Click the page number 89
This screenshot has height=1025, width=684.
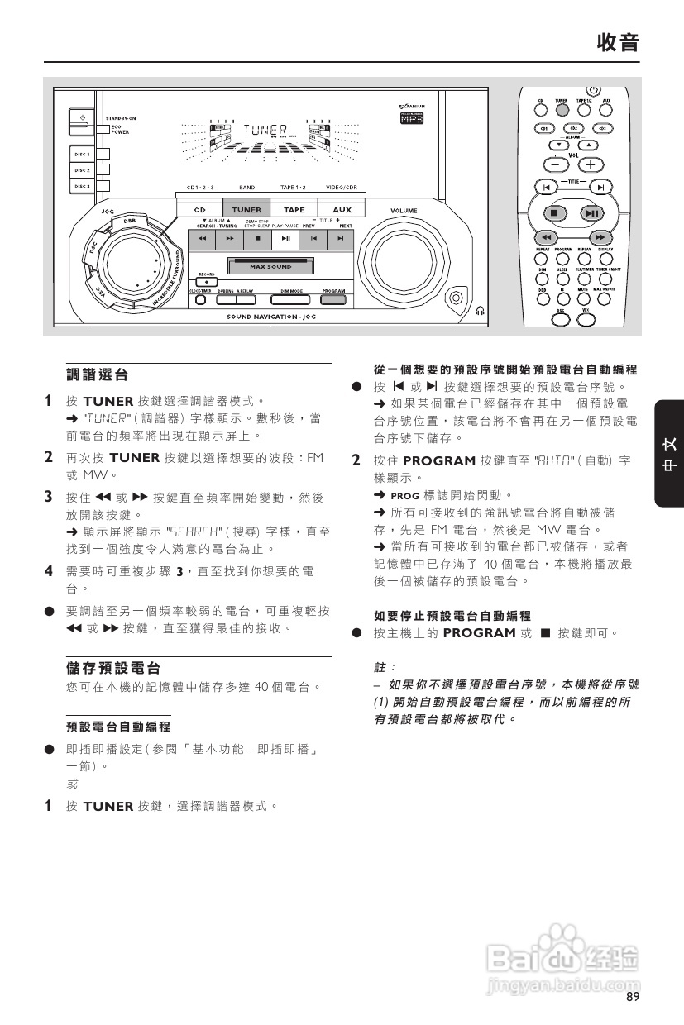pos(634,998)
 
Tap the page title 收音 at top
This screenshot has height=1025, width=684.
pos(619,42)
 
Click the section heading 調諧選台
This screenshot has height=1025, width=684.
pos(97,375)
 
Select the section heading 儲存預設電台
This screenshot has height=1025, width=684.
pos(112,667)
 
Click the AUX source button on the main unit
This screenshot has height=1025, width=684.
pos(336,210)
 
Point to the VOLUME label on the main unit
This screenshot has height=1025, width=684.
pos(404,211)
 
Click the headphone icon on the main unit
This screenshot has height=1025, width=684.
pos(481,311)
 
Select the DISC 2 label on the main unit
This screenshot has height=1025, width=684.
pos(82,169)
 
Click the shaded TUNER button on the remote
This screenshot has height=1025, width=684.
pos(562,108)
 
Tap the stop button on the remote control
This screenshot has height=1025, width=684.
pos(552,213)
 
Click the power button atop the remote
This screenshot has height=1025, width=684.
pos(592,90)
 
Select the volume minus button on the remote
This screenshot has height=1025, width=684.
pos(552,164)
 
